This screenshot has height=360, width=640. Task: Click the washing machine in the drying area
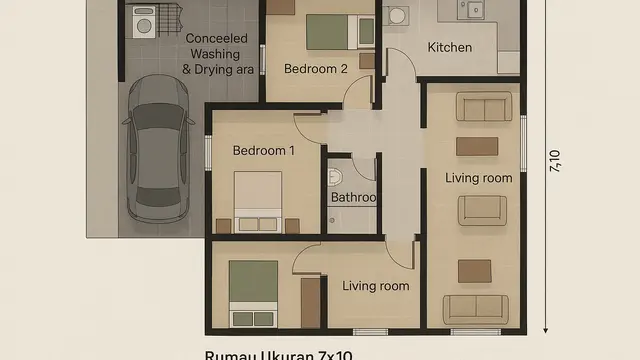(x=143, y=21)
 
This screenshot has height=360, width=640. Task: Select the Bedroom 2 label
(x=316, y=69)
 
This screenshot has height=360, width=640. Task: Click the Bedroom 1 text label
(x=264, y=151)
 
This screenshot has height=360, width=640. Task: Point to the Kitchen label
(x=450, y=47)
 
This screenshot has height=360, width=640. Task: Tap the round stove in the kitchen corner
(x=397, y=15)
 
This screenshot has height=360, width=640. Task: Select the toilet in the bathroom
(x=335, y=178)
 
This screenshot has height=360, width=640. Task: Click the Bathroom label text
(x=353, y=198)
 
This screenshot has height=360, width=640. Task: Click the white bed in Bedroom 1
(x=259, y=200)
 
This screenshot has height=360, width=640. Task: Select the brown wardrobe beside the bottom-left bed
(x=311, y=303)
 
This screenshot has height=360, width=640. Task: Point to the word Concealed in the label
(x=217, y=38)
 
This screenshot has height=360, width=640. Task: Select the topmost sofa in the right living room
(x=484, y=106)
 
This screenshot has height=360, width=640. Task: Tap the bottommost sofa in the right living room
(x=475, y=309)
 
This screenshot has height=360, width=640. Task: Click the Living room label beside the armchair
(x=478, y=178)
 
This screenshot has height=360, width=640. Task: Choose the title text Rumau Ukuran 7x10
(x=278, y=354)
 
